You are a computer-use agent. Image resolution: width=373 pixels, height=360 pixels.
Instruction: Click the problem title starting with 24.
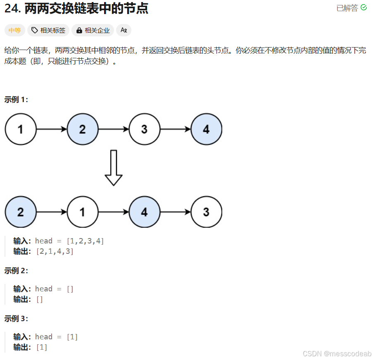coord(76,8)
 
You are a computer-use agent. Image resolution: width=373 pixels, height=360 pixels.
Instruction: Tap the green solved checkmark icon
coord(363,7)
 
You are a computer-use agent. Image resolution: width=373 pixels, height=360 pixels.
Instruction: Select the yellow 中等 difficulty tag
coord(14,30)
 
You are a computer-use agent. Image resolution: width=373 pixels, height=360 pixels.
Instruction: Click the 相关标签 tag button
coord(48,30)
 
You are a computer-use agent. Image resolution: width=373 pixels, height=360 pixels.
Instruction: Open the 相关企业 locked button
coord(93,30)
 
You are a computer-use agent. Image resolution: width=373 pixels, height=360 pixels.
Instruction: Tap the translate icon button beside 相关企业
coord(124,30)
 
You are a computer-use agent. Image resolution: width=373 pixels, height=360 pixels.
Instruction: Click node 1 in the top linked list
coord(21,129)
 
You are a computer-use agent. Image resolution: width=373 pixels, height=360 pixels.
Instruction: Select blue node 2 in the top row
coord(82,129)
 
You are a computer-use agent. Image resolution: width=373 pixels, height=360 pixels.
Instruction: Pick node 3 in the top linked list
coord(144,129)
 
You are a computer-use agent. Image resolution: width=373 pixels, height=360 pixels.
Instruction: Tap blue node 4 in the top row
coord(206,129)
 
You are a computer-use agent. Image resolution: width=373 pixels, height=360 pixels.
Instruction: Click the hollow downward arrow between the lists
coord(114,167)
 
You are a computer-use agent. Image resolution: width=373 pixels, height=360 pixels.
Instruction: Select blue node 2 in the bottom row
coord(21,212)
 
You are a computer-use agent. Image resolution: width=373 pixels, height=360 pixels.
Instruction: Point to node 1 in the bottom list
coord(82,212)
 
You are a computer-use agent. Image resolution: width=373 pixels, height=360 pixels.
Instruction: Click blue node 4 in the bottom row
coord(144,212)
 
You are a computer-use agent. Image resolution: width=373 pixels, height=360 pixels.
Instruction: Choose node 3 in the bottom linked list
coord(206,212)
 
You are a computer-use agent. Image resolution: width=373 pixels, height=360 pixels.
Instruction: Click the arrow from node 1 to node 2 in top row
coord(52,129)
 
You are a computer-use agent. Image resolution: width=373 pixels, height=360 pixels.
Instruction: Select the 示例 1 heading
coord(16,100)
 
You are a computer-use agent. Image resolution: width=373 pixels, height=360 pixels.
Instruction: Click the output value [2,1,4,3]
coord(55,251)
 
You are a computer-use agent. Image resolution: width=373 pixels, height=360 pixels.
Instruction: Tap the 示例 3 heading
coord(16,319)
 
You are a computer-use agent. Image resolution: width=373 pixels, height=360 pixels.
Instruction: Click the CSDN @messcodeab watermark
coord(337,354)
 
